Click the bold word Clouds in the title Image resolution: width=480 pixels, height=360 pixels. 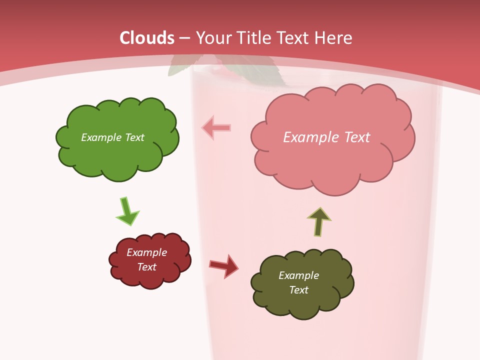[x=147, y=38]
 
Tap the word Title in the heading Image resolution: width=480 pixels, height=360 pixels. [x=254, y=38]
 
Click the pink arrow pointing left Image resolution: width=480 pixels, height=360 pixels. [x=216, y=127]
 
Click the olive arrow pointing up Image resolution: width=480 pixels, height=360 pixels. [x=319, y=221]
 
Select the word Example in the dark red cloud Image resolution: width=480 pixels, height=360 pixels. [x=146, y=252]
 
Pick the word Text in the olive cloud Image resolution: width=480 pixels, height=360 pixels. [x=298, y=290]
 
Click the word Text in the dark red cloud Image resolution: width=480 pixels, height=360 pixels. [x=146, y=267]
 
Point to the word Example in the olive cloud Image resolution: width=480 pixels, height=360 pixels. [x=298, y=275]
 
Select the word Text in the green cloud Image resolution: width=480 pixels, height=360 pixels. [x=133, y=137]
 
